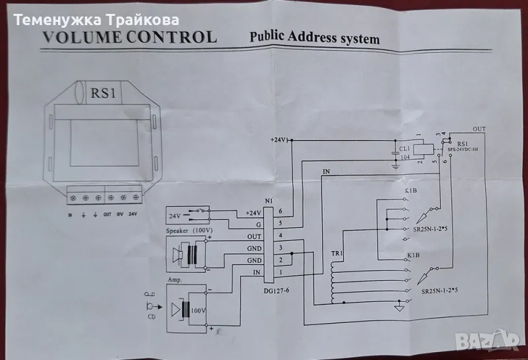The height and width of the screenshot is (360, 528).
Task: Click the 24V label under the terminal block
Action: (134, 214)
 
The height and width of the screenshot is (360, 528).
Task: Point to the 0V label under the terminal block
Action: (120, 214)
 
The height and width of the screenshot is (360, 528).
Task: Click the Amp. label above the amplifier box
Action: (175, 279)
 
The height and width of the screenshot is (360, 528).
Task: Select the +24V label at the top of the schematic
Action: (280, 141)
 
